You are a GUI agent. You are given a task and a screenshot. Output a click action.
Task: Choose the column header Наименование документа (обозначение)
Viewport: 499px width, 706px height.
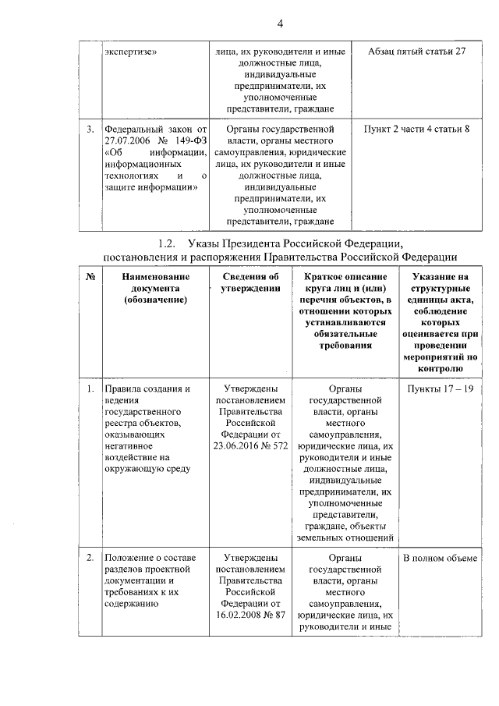154,287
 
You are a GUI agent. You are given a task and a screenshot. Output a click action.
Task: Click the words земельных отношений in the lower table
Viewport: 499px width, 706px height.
342,537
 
